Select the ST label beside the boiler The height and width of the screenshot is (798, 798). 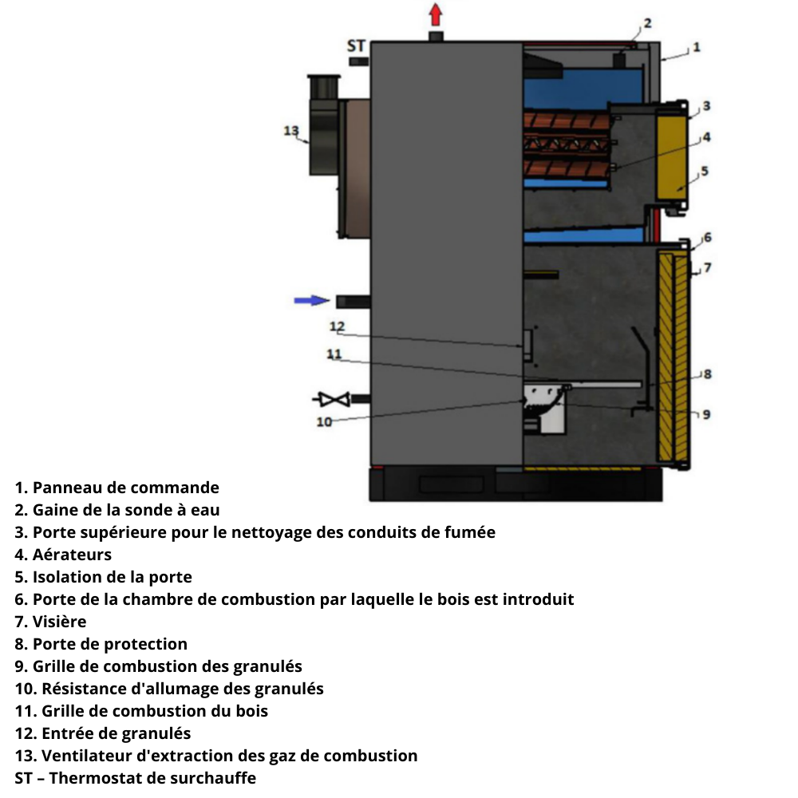356,46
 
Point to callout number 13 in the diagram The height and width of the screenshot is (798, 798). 291,131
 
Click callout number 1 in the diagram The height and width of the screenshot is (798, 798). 696,47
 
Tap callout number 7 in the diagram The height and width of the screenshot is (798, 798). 706,268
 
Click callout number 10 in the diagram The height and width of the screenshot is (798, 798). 324,422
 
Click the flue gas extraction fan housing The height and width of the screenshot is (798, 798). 325,128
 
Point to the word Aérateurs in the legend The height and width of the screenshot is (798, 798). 72,555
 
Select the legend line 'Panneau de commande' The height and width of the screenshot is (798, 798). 125,488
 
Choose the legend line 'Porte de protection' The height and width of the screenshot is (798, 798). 109,644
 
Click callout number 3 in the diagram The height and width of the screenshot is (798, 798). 705,105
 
